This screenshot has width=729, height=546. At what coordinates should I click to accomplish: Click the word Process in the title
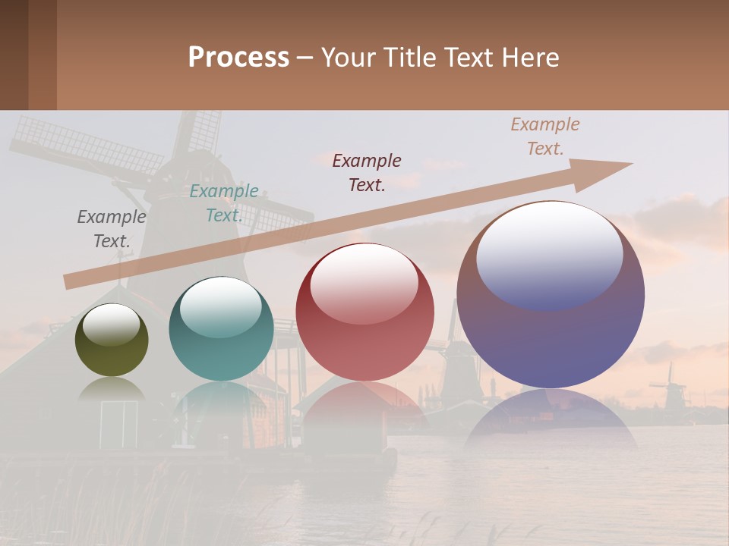tap(238, 58)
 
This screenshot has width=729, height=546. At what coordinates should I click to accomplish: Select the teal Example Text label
tap(223, 203)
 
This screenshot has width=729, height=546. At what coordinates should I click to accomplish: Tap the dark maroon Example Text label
tap(367, 173)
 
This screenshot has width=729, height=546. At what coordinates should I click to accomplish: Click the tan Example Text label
tap(544, 136)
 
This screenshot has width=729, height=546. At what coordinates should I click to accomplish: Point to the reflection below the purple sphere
tap(551, 417)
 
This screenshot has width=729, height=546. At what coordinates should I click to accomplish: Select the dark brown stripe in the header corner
tap(14, 55)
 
